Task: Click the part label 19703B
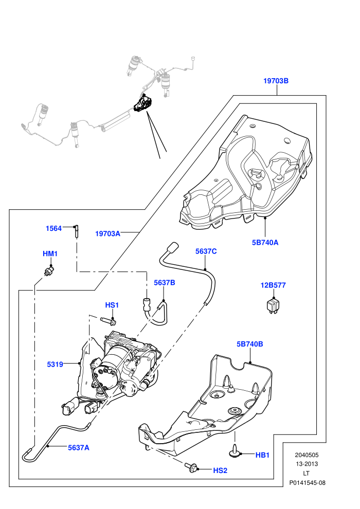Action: [x=276, y=81]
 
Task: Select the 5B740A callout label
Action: [x=265, y=243]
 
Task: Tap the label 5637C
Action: [x=206, y=251]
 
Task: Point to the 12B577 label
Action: [x=273, y=285]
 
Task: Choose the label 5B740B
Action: [x=249, y=344]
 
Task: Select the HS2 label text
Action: [x=220, y=470]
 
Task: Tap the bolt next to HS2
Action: [x=191, y=467]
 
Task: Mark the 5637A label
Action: [x=79, y=448]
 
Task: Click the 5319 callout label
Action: [x=55, y=365]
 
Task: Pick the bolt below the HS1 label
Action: [x=109, y=321]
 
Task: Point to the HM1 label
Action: [x=50, y=253]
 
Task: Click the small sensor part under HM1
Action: [x=49, y=271]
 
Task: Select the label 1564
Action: [x=53, y=228]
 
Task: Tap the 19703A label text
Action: [x=107, y=234]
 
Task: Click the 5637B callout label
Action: [x=164, y=283]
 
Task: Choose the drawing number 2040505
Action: [x=307, y=455]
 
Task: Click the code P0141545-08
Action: [x=307, y=483]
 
